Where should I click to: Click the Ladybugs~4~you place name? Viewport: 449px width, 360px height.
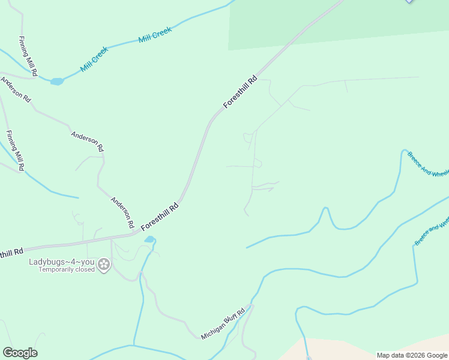point(62,262)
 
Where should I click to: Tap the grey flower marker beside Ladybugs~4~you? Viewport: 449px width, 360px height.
point(104,264)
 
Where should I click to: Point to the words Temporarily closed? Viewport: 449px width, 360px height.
point(67,269)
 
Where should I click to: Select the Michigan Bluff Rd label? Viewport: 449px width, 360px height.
point(223,325)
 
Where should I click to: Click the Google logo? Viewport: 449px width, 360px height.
point(20,353)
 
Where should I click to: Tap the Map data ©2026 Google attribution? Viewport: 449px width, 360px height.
point(412,355)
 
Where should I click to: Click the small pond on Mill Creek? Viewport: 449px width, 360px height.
point(57,82)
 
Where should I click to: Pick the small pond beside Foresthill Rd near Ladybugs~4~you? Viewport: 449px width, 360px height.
point(149,240)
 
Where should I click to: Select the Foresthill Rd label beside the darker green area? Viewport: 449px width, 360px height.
point(240,92)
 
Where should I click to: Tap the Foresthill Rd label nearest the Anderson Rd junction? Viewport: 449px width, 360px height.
point(160,217)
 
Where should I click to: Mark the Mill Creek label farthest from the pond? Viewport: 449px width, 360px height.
point(155,34)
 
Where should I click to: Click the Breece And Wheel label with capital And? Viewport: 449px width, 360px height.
point(429,164)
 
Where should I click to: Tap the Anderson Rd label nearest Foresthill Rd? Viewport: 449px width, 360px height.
point(121,211)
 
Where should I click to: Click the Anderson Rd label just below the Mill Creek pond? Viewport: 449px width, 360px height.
point(16,89)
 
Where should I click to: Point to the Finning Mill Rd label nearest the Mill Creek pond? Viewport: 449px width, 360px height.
point(28,56)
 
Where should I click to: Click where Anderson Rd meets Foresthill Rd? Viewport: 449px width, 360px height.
point(133,233)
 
